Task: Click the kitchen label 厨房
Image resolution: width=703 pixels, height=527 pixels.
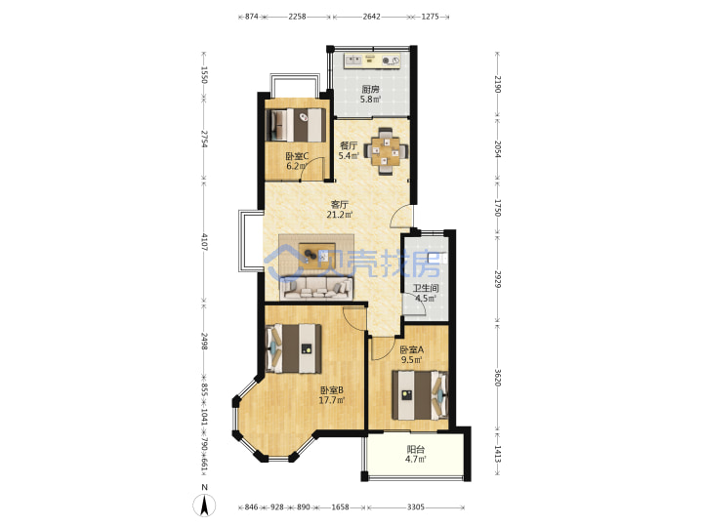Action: click(370, 89)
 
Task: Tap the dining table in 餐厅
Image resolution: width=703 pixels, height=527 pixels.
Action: click(386, 150)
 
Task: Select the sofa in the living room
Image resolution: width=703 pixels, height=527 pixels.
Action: click(316, 288)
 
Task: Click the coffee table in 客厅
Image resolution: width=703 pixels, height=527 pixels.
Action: click(317, 256)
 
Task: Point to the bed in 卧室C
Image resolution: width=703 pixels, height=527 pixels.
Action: click(296, 125)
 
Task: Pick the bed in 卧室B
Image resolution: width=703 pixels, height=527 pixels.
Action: click(294, 348)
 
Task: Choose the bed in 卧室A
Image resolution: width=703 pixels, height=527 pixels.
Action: click(420, 395)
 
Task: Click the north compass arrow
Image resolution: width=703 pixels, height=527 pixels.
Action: click(204, 506)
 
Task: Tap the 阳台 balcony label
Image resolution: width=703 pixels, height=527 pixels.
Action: click(415, 450)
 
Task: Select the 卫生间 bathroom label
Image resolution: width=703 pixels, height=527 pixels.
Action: click(426, 289)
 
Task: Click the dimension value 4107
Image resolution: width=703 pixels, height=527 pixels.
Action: click(204, 242)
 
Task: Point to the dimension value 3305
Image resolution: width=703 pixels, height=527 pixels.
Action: click(416, 507)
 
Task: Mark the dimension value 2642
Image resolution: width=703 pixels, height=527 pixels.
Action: click(372, 17)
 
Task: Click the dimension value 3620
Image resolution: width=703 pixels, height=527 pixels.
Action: click(498, 378)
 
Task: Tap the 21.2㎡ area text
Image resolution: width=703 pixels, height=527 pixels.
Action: click(340, 215)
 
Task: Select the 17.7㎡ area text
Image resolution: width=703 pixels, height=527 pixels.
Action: click(331, 400)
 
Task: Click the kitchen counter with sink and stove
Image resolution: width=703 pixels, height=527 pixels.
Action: click(372, 61)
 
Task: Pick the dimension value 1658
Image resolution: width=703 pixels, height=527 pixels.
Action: click(341, 507)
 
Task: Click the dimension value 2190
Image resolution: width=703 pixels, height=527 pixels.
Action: click(498, 84)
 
